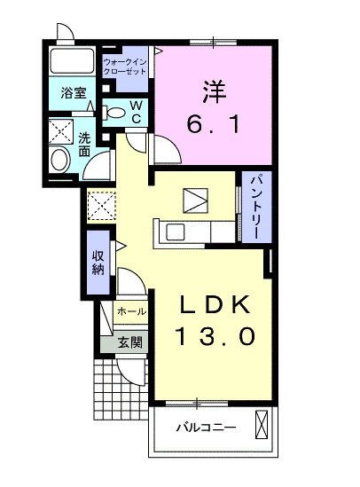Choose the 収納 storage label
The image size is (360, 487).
(98, 263)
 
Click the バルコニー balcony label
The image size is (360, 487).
(205, 427)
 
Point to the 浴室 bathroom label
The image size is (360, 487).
(72, 92)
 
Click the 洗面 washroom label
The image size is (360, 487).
(84, 145)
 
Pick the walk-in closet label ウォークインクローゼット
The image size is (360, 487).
(124, 65)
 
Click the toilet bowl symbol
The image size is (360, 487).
(115, 113)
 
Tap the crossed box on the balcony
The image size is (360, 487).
(261, 425)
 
